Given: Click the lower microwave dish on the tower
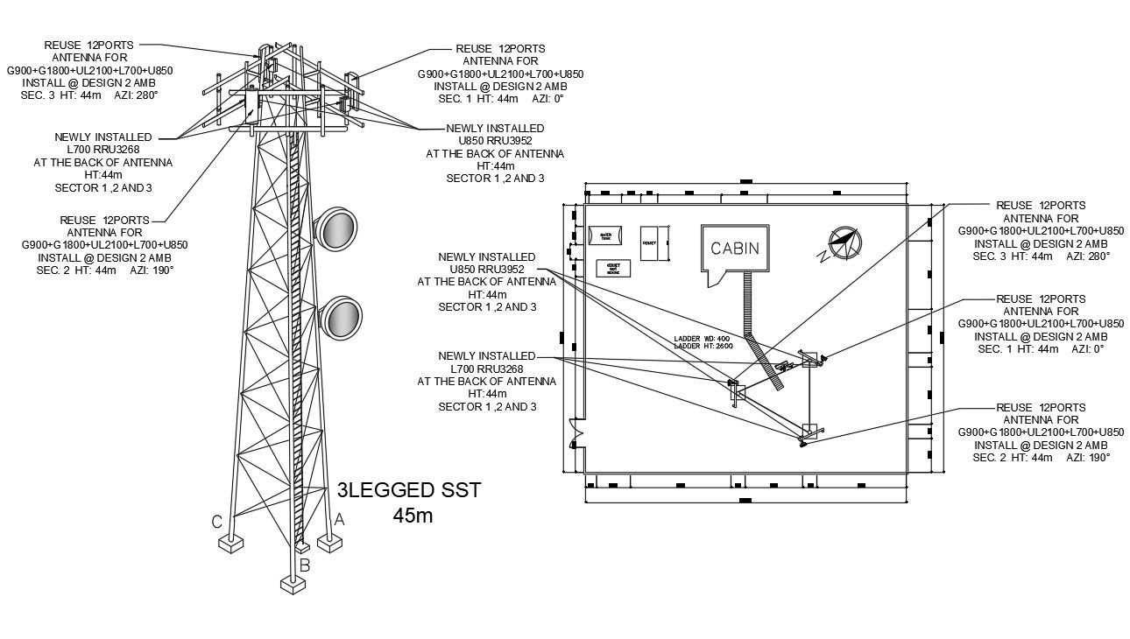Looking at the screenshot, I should pos(340,318).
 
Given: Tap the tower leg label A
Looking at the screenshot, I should pos(339,519).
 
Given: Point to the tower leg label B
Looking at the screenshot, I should pos(305,565).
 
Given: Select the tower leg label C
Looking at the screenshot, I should pos(215,523).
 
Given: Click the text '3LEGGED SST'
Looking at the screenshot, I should pos(408,489).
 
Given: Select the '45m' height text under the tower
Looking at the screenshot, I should pos(412,516).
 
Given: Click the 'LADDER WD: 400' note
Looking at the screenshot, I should pos(702,338).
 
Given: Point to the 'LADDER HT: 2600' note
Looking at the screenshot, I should pos(702,346).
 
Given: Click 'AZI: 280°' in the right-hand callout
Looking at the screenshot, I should pos(1087,256).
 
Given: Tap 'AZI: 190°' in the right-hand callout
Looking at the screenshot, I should pos(1087,458).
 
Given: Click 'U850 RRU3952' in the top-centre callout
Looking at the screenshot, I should pos(495,140).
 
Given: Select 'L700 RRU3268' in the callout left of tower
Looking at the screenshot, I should pos(103,150).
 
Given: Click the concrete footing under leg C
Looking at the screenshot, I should pos(230,544).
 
